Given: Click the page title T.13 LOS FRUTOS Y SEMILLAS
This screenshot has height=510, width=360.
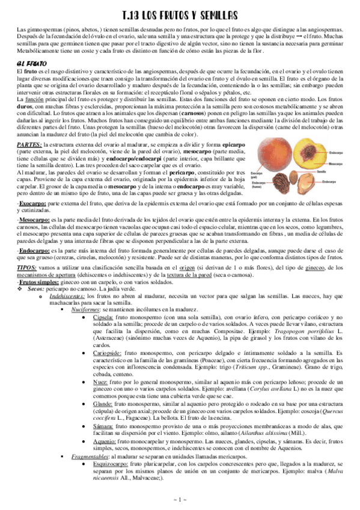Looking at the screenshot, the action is point(180,14).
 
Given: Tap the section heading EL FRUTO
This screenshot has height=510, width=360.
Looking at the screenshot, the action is point(29,63).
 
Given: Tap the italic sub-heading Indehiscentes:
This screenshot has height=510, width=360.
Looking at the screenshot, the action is point(67,296).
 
